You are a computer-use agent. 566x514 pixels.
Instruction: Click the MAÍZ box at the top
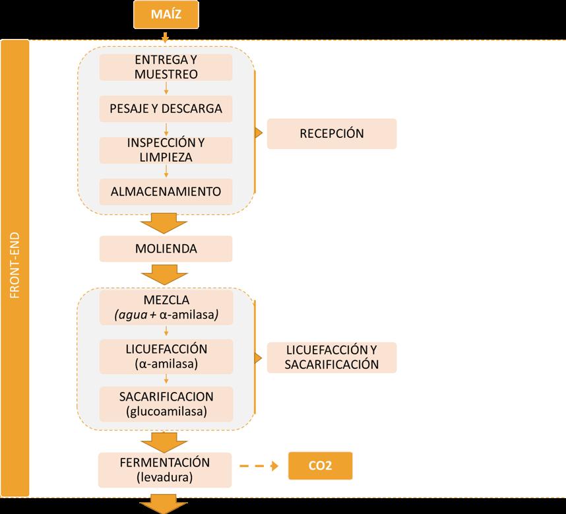tap(165, 15)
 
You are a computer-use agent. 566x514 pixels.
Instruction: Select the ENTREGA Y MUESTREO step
tap(166, 67)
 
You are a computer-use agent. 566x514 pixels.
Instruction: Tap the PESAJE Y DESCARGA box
tap(166, 108)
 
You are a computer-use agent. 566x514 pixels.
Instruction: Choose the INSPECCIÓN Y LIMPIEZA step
tap(166, 150)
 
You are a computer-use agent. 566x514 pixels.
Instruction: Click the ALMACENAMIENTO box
tap(166, 192)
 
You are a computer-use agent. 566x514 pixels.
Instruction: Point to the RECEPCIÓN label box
tap(331, 133)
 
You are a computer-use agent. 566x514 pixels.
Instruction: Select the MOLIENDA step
tap(166, 249)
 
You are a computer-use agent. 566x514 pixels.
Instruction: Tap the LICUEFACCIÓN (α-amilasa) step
tap(166, 356)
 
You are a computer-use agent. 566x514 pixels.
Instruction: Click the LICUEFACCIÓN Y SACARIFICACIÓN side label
tap(331, 357)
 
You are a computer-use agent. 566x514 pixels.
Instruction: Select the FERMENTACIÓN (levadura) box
tap(166, 469)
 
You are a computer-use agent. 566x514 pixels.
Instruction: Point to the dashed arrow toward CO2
tap(259, 466)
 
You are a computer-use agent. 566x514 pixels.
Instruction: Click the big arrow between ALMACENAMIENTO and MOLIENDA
tap(161, 222)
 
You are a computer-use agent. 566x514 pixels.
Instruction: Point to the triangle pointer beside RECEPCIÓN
tap(258, 133)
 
